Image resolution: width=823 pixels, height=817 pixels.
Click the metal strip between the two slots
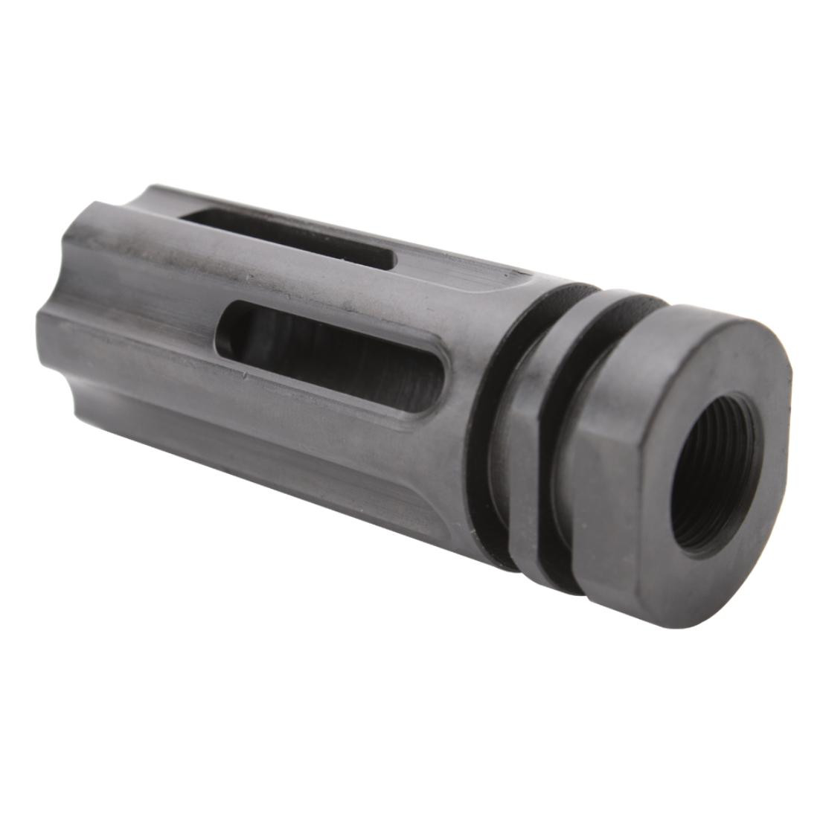tap(313, 286)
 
